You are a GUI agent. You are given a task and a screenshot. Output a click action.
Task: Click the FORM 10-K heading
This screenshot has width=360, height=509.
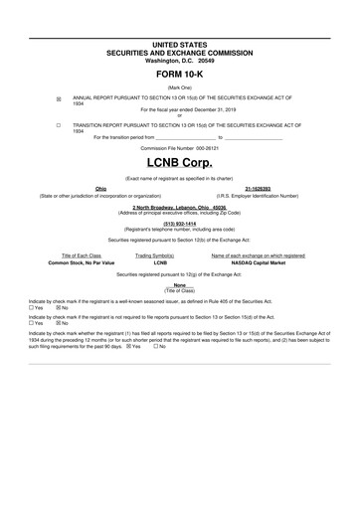coord(180,76)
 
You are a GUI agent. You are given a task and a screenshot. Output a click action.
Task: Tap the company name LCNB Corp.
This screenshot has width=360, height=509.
coord(180,160)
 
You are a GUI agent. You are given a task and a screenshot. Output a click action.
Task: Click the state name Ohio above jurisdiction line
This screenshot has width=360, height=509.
coord(100,188)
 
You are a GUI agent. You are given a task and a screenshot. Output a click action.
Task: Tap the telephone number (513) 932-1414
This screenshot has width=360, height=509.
coord(180,224)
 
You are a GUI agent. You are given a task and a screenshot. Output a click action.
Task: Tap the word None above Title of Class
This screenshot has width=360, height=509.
coord(180,283)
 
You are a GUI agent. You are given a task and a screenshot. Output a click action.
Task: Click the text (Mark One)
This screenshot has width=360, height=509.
coord(180,87)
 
